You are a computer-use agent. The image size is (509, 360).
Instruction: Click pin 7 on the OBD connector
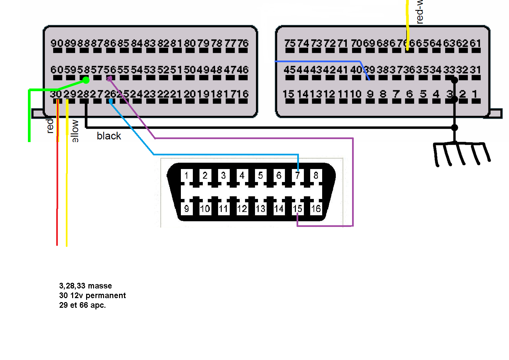pyautogui.click(x=297, y=175)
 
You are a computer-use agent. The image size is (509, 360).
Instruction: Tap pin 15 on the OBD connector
pyautogui.click(x=297, y=209)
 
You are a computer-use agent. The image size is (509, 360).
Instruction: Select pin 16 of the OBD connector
pyautogui.click(x=316, y=209)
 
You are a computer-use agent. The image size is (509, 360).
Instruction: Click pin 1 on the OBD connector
pyautogui.click(x=187, y=175)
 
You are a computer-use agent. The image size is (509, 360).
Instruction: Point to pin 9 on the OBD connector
pyautogui.click(x=187, y=209)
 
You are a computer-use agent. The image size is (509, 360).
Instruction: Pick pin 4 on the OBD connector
pyautogui.click(x=242, y=175)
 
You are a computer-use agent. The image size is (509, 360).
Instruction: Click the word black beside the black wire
pyautogui.click(x=109, y=136)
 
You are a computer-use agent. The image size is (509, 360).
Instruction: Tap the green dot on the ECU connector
pyautogui.click(x=86, y=80)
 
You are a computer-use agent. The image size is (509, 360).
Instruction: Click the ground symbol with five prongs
pyautogui.click(x=461, y=153)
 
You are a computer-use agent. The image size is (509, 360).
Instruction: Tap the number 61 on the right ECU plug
pyautogui.click(x=475, y=43)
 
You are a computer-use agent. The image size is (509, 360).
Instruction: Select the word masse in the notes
pyautogui.click(x=100, y=286)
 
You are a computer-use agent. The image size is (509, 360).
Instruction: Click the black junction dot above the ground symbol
pyautogui.click(x=454, y=127)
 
